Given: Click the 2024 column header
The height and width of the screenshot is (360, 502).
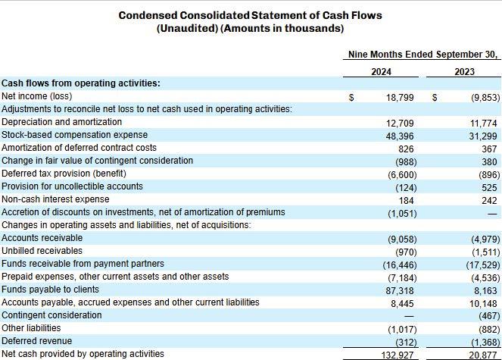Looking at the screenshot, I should pyautogui.click(x=381, y=72).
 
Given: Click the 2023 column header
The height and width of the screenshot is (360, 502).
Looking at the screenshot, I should pyautogui.click(x=465, y=72).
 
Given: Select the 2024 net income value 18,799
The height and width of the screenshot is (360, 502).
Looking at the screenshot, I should pyautogui.click(x=400, y=98).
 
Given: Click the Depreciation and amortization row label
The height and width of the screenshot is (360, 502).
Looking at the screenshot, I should pyautogui.click(x=61, y=122).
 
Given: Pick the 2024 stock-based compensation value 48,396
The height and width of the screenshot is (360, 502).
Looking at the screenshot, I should pyautogui.click(x=400, y=136).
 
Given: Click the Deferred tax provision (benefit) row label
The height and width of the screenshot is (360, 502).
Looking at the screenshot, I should pyautogui.click(x=68, y=174).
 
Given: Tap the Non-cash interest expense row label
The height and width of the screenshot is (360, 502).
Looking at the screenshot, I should pyautogui.click(x=55, y=199).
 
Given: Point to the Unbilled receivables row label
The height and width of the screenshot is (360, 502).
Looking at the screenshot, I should pyautogui.click(x=42, y=251).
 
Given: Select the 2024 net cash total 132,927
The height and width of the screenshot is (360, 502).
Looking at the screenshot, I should pyautogui.click(x=398, y=355).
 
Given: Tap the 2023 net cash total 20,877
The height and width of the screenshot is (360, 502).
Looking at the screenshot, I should pyautogui.click(x=483, y=355).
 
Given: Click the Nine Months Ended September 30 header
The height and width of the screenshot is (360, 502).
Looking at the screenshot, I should pyautogui.click(x=422, y=55).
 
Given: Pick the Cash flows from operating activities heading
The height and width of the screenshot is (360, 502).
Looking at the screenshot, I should pyautogui.click(x=80, y=83).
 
